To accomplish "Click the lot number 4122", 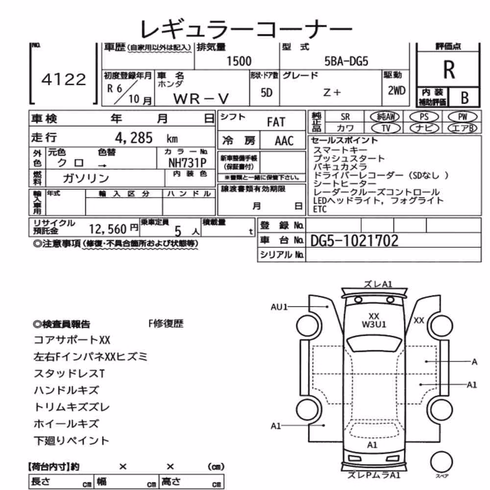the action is [64, 79].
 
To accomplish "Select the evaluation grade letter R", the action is [449, 70].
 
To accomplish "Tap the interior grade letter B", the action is [465, 98].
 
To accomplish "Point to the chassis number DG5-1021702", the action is [354, 241].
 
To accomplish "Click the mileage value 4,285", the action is [134, 138].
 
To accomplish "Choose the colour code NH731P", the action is [187, 163].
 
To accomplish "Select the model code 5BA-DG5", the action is [346, 61].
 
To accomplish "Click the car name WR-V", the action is [201, 99].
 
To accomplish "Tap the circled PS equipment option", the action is [424, 117].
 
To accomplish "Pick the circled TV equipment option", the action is [386, 128].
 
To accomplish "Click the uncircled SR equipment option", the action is [345, 117].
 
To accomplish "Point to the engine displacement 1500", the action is [239, 61].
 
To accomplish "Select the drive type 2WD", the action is [396, 91].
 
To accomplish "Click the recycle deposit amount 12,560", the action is [108, 229].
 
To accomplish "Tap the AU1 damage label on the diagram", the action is [279, 307].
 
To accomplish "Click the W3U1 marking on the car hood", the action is [374, 324].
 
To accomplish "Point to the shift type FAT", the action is [276, 122].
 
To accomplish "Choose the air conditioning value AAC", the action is [284, 141].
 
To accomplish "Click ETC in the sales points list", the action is [319, 209].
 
